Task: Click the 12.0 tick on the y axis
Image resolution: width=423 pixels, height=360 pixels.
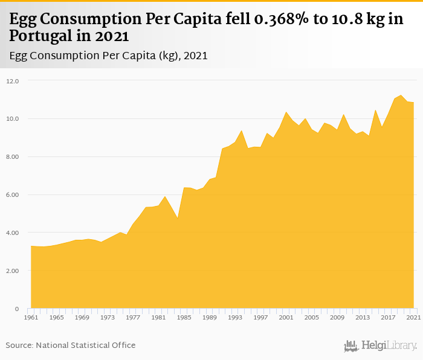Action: pyautogui.click(x=13, y=81)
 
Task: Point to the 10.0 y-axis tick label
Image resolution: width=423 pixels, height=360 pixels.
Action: pyautogui.click(x=13, y=119)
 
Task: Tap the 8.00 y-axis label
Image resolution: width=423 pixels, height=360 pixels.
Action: pyautogui.click(x=13, y=157)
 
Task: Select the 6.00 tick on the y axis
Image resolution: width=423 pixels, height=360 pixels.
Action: pyautogui.click(x=13, y=195)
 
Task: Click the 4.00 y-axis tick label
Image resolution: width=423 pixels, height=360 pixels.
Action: pyautogui.click(x=13, y=233)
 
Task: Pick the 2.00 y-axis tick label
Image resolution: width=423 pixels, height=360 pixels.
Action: pyautogui.click(x=13, y=271)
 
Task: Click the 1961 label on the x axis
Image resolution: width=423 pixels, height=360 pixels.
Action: pyautogui.click(x=31, y=317)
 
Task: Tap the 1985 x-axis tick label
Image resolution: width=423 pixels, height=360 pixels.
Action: pyautogui.click(x=184, y=317)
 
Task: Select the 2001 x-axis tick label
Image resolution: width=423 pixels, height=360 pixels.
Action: pyautogui.click(x=286, y=317)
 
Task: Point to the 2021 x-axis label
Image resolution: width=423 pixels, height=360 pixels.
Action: pyautogui.click(x=413, y=317)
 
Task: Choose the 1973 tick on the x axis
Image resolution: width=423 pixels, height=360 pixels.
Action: pyautogui.click(x=108, y=317)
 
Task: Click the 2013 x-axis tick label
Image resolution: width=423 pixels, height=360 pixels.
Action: pyautogui.click(x=363, y=317)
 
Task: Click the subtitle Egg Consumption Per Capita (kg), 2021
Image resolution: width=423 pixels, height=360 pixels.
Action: pyautogui.click(x=109, y=56)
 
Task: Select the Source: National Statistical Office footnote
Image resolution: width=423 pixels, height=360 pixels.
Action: pyautogui.click(x=71, y=345)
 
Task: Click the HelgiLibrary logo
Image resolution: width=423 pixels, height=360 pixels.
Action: pyautogui.click(x=380, y=346)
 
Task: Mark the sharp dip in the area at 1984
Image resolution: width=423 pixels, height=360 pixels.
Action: pyautogui.click(x=178, y=218)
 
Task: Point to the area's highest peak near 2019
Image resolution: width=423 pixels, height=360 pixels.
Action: pyautogui.click(x=401, y=95)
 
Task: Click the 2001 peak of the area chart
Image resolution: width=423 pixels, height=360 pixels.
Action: pyautogui.click(x=286, y=112)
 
